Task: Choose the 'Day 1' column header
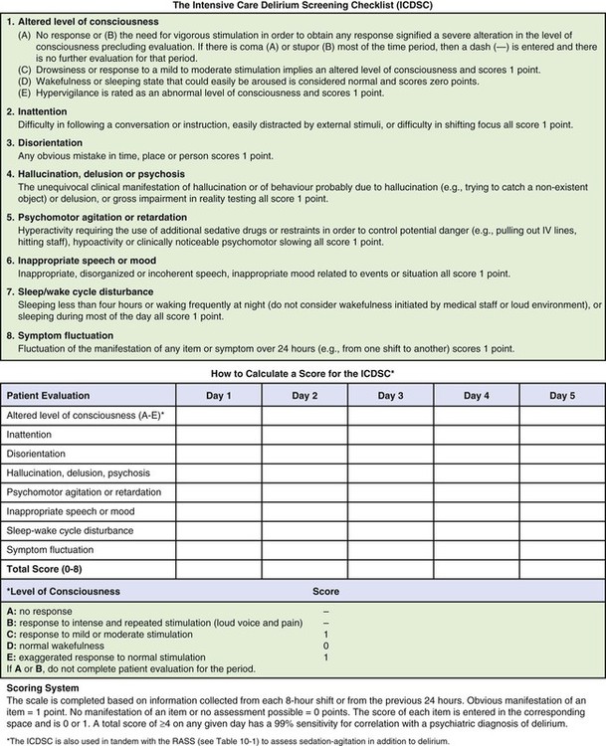tap(218, 396)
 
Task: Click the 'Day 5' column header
tap(562, 396)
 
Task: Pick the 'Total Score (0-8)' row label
tap(50, 571)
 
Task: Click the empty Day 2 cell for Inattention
tap(303, 435)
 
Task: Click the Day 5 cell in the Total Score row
tap(562, 571)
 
